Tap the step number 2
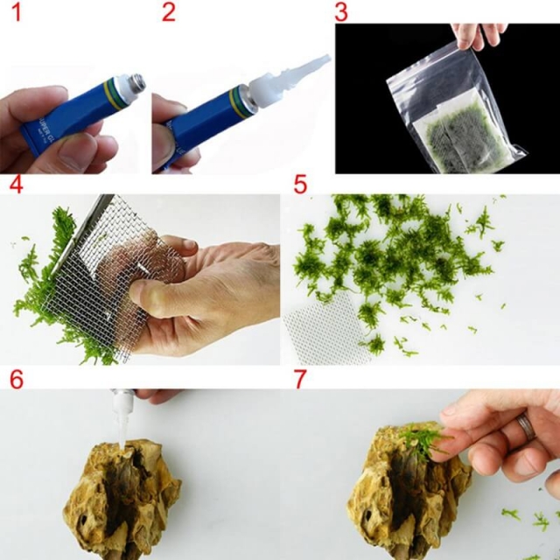tap(169, 12)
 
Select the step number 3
tap(341, 12)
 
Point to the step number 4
tap(16, 185)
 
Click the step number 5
tap(300, 185)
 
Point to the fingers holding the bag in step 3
tap(477, 35)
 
